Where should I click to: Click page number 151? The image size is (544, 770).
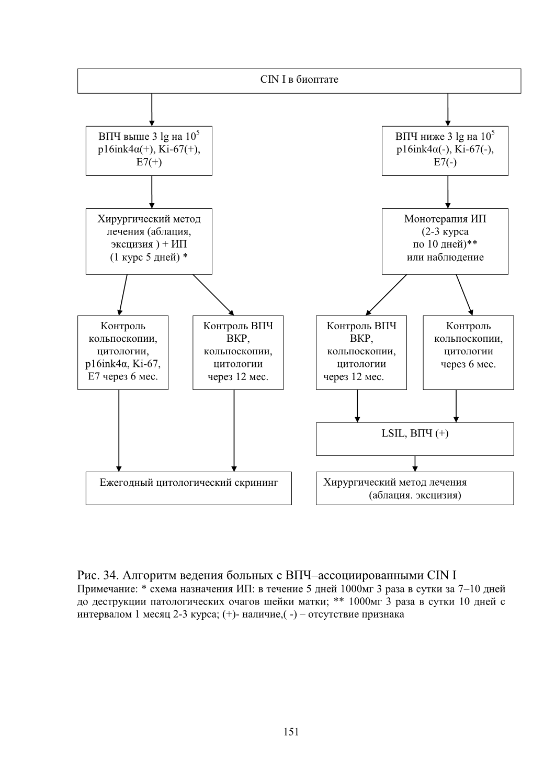pyautogui.click(x=291, y=732)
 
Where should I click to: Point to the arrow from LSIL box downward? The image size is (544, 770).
pyautogui.click(x=415, y=464)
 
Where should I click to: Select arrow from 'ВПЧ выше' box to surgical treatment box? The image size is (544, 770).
pyautogui.click(x=152, y=192)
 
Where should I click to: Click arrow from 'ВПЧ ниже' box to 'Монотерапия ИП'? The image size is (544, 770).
pyautogui.click(x=448, y=192)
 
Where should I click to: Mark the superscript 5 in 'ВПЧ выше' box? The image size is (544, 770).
pyautogui.click(x=198, y=132)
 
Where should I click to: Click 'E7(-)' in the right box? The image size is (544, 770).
pyautogui.click(x=445, y=162)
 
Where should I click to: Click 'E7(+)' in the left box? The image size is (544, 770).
pyautogui.click(x=149, y=162)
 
